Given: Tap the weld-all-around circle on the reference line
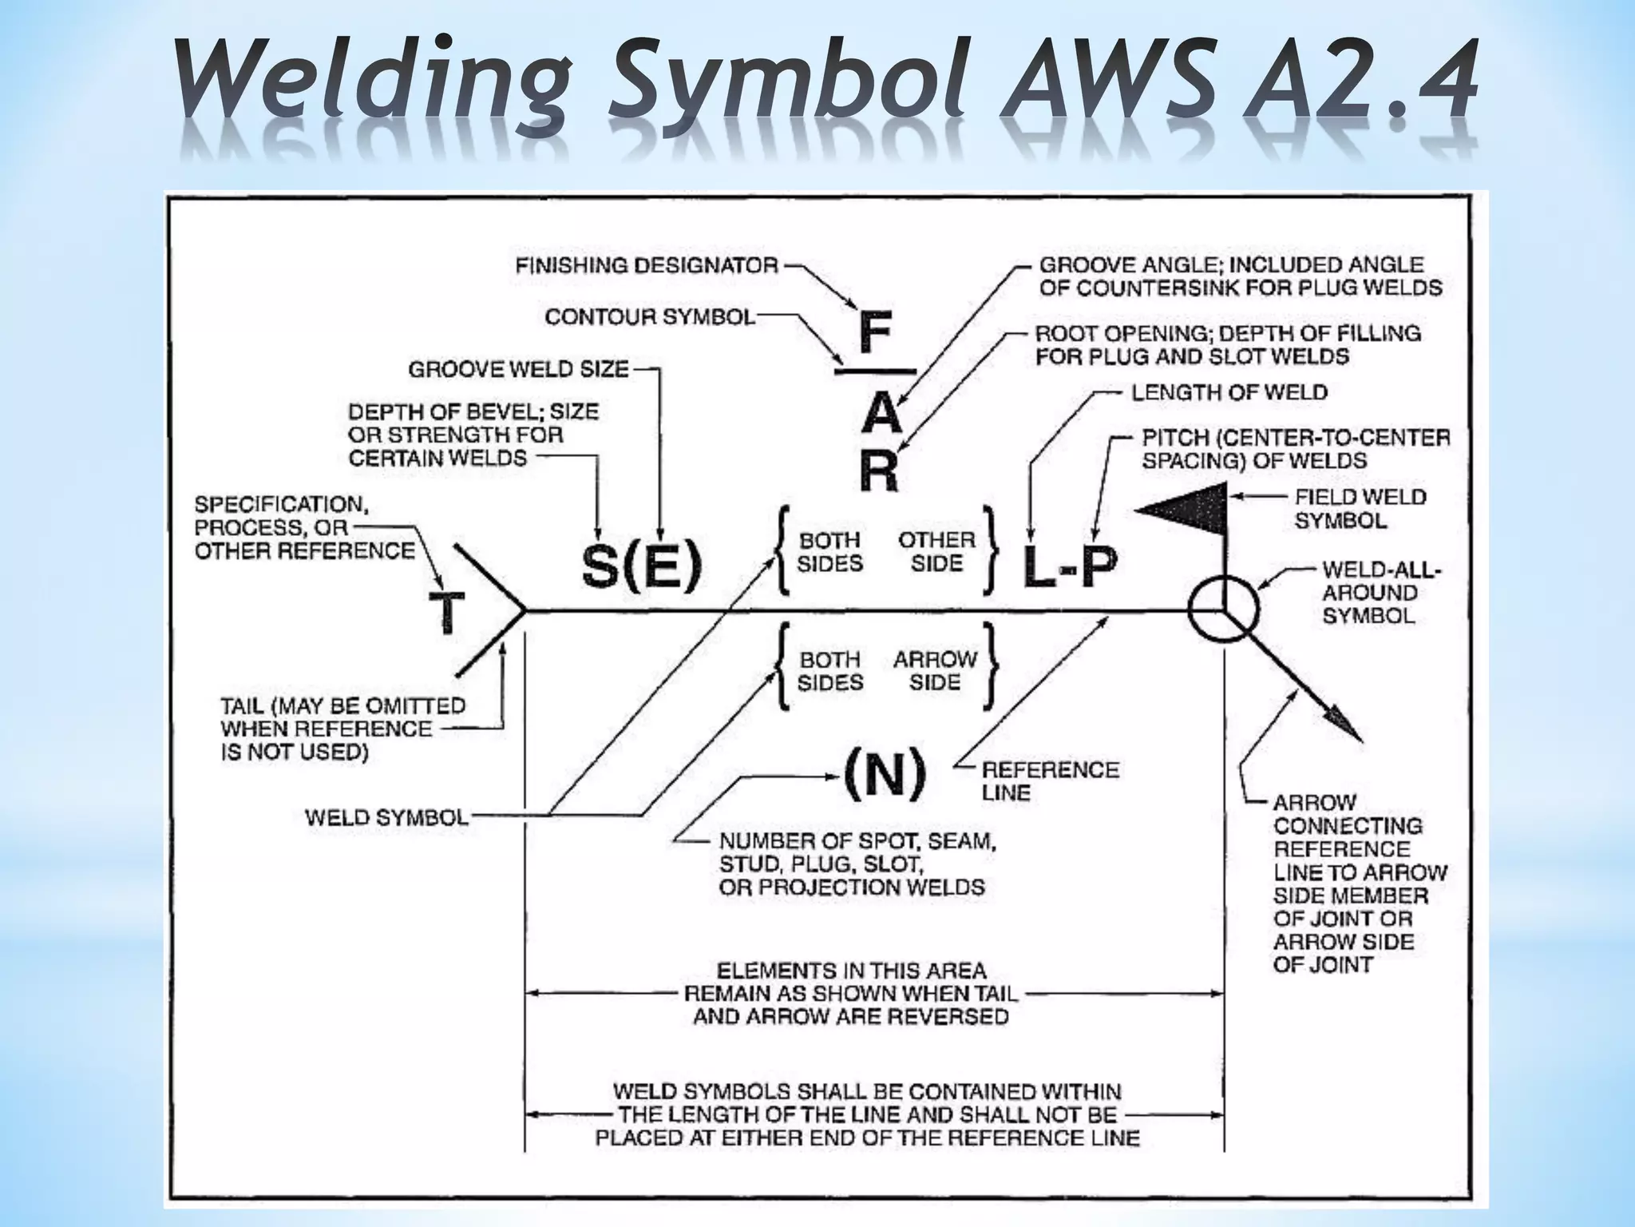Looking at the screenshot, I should click(x=1222, y=610).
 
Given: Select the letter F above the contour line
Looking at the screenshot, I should click(x=875, y=334).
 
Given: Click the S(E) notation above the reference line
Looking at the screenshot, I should click(x=642, y=566).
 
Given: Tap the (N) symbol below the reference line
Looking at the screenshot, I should click(x=885, y=772).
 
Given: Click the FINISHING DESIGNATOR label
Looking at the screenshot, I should click(x=647, y=266).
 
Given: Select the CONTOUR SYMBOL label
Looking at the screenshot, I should click(x=650, y=318).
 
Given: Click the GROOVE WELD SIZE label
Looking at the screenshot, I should click(x=518, y=370).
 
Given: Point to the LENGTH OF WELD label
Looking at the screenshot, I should click(x=1229, y=393).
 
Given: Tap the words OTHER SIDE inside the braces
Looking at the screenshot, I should click(x=937, y=551).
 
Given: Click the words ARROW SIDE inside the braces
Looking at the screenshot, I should click(x=935, y=671).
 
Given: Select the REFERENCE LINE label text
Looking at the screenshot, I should click(x=1049, y=781).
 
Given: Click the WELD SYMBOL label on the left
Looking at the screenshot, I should click(x=386, y=818).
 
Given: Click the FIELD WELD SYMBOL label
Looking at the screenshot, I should click(x=1360, y=509).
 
